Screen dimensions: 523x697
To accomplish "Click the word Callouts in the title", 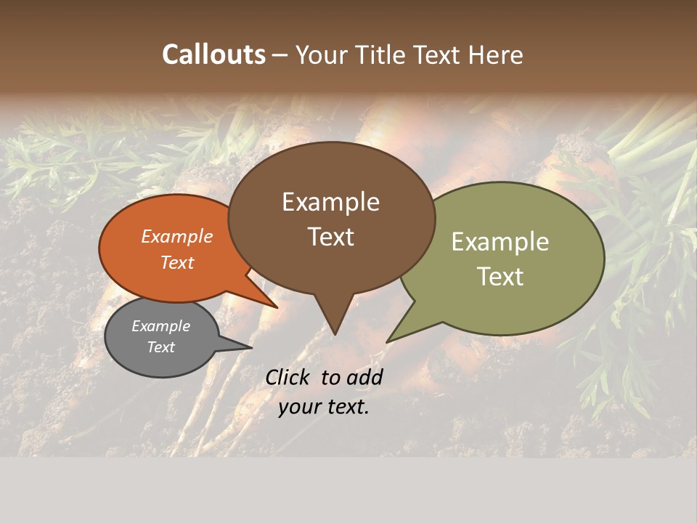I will click(x=213, y=54).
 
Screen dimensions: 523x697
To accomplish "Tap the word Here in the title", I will click(x=496, y=54).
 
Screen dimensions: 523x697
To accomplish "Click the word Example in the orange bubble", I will click(x=176, y=237).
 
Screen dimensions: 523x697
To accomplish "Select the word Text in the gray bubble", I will click(x=160, y=347).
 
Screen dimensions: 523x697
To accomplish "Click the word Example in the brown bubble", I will click(x=330, y=202).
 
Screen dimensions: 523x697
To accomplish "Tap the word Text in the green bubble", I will click(x=500, y=277).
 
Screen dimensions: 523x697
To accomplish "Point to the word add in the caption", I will click(x=364, y=377).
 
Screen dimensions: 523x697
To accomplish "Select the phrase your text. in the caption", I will click(x=324, y=407).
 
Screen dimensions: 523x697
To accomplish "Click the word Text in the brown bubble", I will click(x=330, y=237).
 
